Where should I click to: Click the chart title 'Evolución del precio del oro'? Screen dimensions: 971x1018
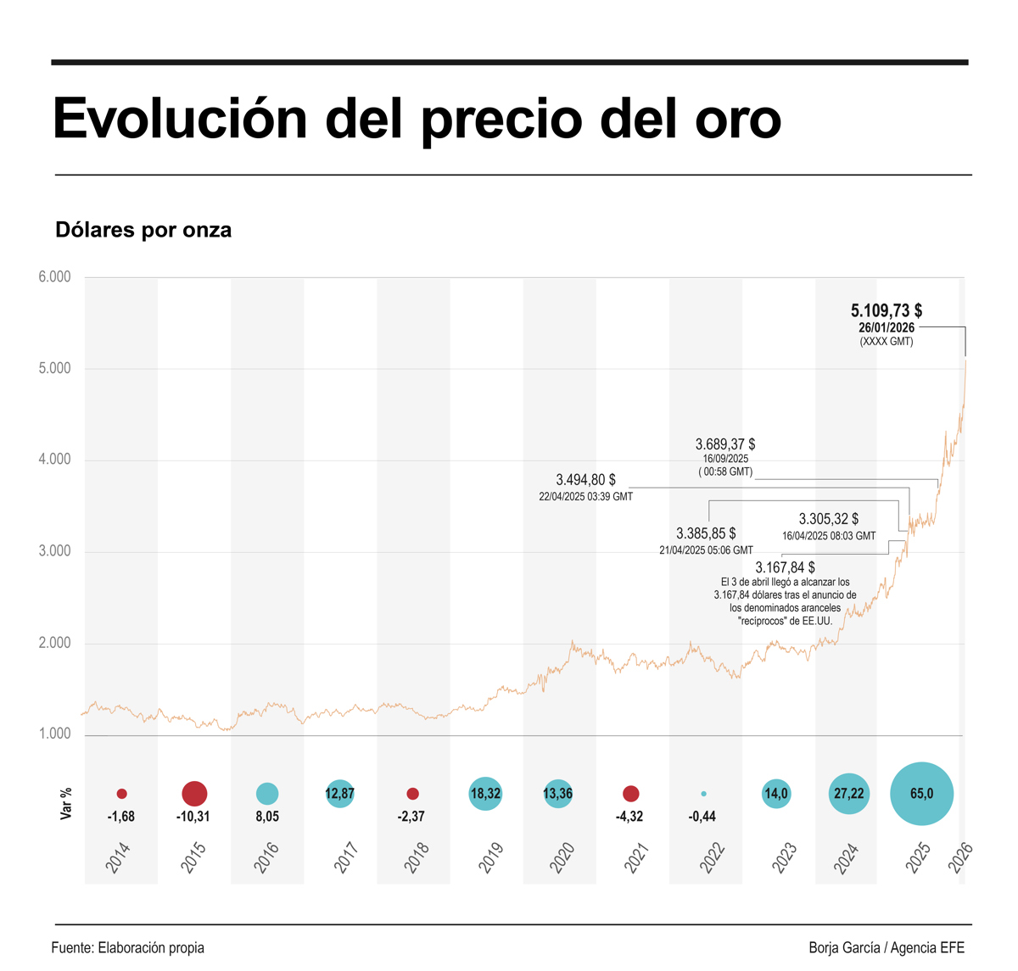[417, 119]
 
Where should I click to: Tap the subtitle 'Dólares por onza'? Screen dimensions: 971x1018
[143, 230]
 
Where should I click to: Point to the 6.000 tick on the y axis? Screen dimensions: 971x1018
[54, 277]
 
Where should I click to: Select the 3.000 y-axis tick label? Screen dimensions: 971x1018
[54, 551]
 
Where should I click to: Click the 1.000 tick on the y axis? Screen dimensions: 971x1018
[54, 734]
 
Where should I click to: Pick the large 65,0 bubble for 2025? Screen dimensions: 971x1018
[921, 794]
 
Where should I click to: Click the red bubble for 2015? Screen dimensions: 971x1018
[194, 794]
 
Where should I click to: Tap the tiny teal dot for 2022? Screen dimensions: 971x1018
[703, 794]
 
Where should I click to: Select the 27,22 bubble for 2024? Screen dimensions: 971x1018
[848, 794]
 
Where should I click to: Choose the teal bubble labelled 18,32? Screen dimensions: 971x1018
[485, 794]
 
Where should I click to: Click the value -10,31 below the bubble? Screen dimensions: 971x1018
[194, 817]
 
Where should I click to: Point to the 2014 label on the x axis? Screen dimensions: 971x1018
[119, 857]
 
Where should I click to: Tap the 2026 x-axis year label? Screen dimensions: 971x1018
[960, 857]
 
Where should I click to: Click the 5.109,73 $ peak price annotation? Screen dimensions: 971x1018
[887, 311]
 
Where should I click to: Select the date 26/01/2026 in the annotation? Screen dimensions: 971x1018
[887, 328]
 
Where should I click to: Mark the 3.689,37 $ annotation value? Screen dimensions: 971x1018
[725, 444]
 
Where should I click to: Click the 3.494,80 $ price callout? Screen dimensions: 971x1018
[585, 480]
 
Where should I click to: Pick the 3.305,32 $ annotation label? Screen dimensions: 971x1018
[828, 519]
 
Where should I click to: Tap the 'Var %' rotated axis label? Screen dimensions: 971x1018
[66, 803]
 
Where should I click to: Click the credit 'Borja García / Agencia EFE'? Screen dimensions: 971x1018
[887, 948]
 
